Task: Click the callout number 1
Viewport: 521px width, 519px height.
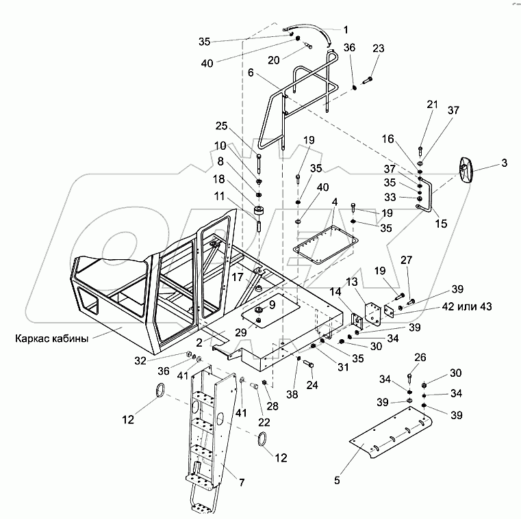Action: point(346,29)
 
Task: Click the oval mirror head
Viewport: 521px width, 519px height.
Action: point(466,170)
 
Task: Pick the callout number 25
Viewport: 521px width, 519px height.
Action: point(240,127)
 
